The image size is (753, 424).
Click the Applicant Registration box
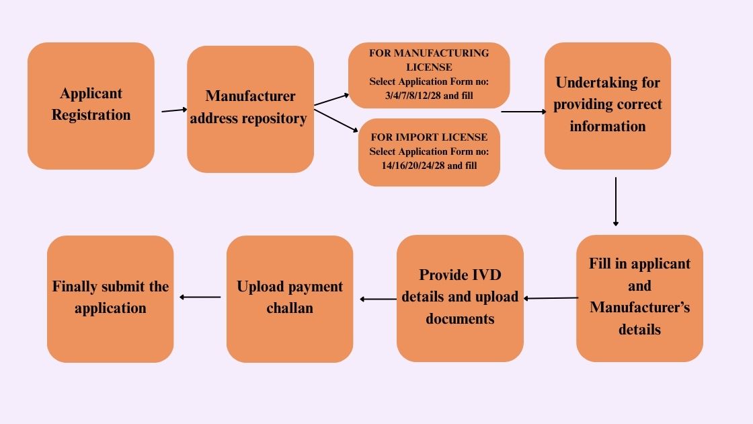tap(91, 106)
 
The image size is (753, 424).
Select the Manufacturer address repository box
tap(250, 109)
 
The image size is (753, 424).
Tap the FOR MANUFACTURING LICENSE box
tap(429, 75)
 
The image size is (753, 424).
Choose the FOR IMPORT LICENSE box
tap(429, 152)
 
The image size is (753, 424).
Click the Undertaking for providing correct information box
tap(608, 106)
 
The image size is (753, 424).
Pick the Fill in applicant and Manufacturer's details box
tap(639, 298)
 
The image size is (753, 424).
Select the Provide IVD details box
tap(460, 298)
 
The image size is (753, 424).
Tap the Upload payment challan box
tap(290, 298)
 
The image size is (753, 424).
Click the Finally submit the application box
tap(110, 298)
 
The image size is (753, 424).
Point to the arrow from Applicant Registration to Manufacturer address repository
tap(174, 110)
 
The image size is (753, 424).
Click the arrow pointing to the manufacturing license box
tap(331, 100)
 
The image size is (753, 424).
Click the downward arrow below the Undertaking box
tap(615, 201)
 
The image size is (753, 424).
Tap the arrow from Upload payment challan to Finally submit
tap(200, 297)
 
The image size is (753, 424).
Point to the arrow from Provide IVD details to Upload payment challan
tap(378, 299)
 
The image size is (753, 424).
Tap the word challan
tap(290, 308)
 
